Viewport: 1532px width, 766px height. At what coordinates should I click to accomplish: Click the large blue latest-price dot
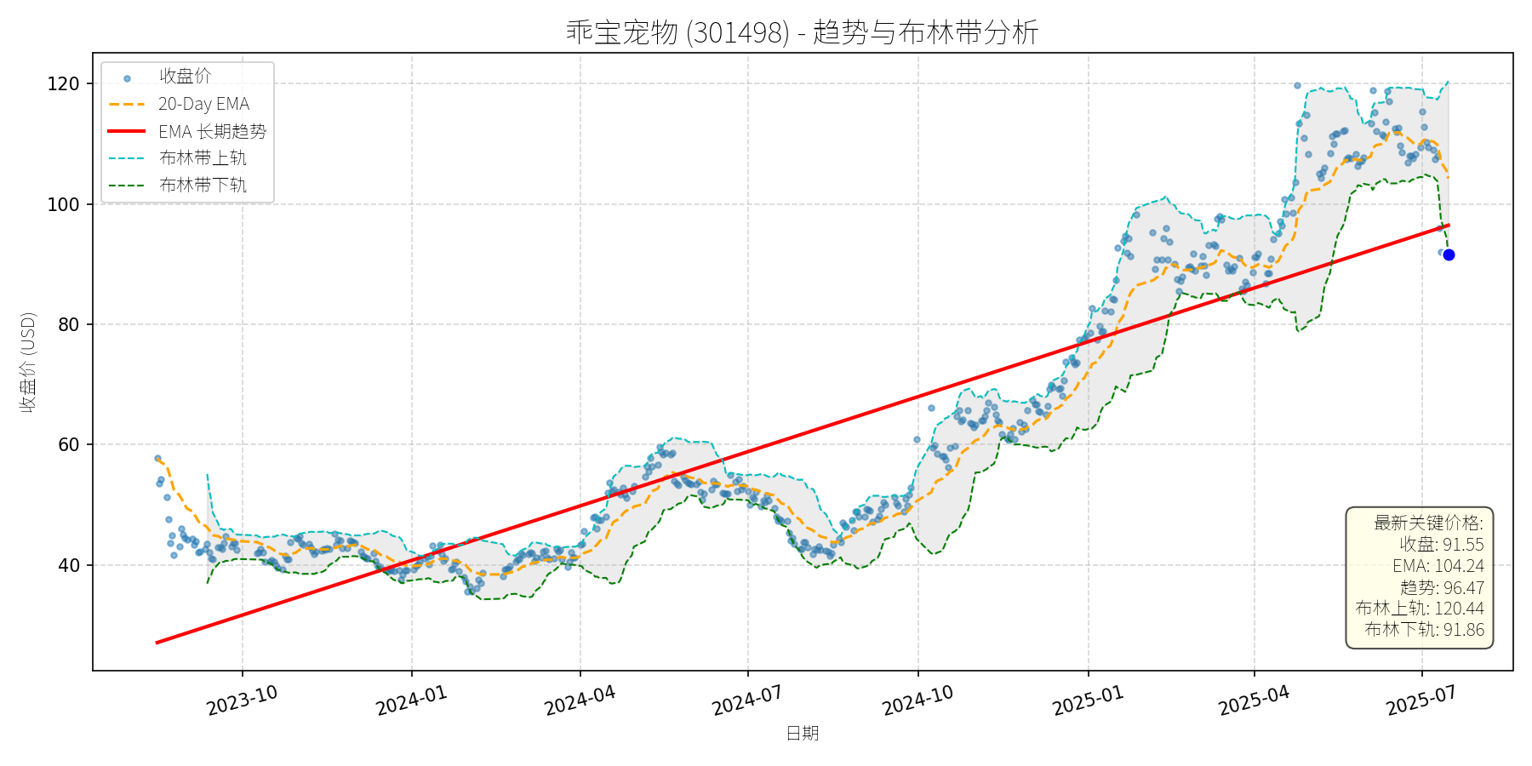pyautogui.click(x=1449, y=255)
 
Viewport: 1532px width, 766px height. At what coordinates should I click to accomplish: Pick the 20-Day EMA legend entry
pyautogui.click(x=203, y=104)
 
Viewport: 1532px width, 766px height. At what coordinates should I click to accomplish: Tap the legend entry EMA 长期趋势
pyautogui.click(x=212, y=131)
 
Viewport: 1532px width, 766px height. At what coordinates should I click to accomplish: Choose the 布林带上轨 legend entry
pyautogui.click(x=203, y=158)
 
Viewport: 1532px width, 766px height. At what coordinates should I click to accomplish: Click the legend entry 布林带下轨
pyautogui.click(x=203, y=185)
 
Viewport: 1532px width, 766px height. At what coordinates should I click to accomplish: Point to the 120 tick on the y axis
pyautogui.click(x=64, y=84)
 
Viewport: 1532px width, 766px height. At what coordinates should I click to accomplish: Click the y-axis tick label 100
pyautogui.click(x=64, y=204)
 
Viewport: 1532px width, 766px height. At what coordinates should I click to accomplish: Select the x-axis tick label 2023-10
pyautogui.click(x=243, y=701)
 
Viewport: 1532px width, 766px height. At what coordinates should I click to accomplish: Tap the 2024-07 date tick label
pyautogui.click(x=747, y=701)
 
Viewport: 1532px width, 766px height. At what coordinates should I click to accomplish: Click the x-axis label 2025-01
pyautogui.click(x=1088, y=701)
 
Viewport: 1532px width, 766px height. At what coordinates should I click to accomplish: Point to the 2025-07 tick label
pyautogui.click(x=1421, y=701)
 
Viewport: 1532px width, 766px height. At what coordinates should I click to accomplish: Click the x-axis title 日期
pyautogui.click(x=802, y=733)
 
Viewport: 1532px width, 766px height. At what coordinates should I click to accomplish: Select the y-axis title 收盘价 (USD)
pyautogui.click(x=28, y=362)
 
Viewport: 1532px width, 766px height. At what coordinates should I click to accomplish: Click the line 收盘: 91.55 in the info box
pyautogui.click(x=1441, y=545)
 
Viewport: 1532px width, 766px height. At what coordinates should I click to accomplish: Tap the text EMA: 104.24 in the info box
pyautogui.click(x=1438, y=566)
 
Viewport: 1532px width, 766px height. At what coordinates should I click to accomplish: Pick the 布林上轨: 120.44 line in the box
pyautogui.click(x=1419, y=609)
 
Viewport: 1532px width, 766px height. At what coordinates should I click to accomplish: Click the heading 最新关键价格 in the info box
pyautogui.click(x=1428, y=523)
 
